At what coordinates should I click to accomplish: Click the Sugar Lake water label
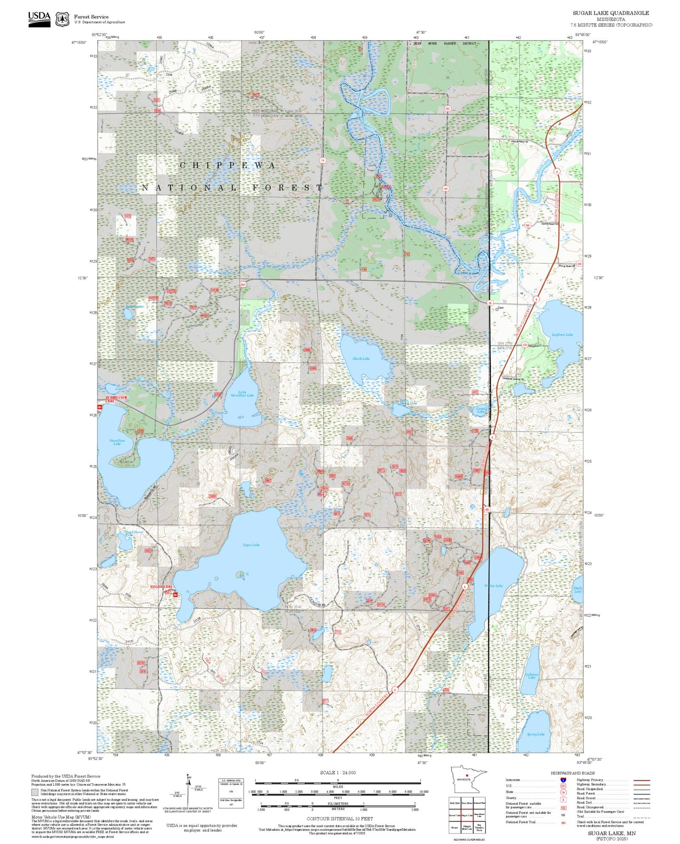tap(251, 545)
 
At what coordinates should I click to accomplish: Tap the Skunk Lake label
tap(361, 358)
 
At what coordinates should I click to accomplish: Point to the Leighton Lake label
tap(562, 334)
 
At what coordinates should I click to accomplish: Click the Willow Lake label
tap(493, 586)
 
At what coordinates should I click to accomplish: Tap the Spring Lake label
tap(536, 734)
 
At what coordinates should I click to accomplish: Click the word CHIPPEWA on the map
tap(228, 166)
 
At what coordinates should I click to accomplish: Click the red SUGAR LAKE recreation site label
tap(161, 587)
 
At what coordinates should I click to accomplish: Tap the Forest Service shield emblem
tap(62, 19)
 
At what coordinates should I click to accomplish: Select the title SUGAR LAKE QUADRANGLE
tap(610, 13)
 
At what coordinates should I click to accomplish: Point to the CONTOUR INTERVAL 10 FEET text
tap(339, 819)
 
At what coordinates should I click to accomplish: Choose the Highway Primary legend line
tap(641, 780)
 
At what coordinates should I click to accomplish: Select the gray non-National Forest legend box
tap(35, 792)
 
